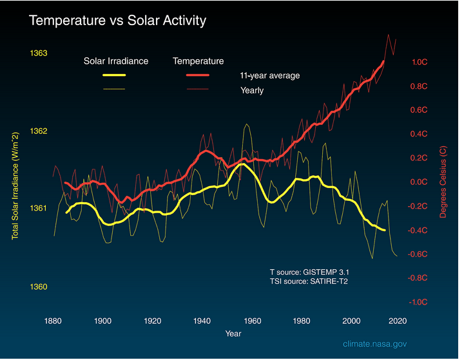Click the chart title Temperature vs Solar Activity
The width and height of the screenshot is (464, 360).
click(x=117, y=21)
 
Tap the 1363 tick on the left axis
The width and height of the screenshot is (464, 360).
click(x=39, y=53)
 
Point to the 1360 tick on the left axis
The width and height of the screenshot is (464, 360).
click(x=39, y=287)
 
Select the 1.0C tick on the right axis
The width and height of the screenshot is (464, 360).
click(x=419, y=62)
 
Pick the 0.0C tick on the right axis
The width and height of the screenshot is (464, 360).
click(x=419, y=182)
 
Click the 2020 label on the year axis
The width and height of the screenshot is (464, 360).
click(x=397, y=320)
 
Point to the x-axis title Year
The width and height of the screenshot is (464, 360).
click(x=233, y=334)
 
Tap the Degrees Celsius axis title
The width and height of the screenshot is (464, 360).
click(x=443, y=182)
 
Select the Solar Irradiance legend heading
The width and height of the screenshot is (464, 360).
click(x=116, y=61)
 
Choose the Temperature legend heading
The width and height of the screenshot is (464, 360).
click(x=198, y=61)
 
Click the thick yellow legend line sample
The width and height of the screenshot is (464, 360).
click(x=113, y=75)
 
